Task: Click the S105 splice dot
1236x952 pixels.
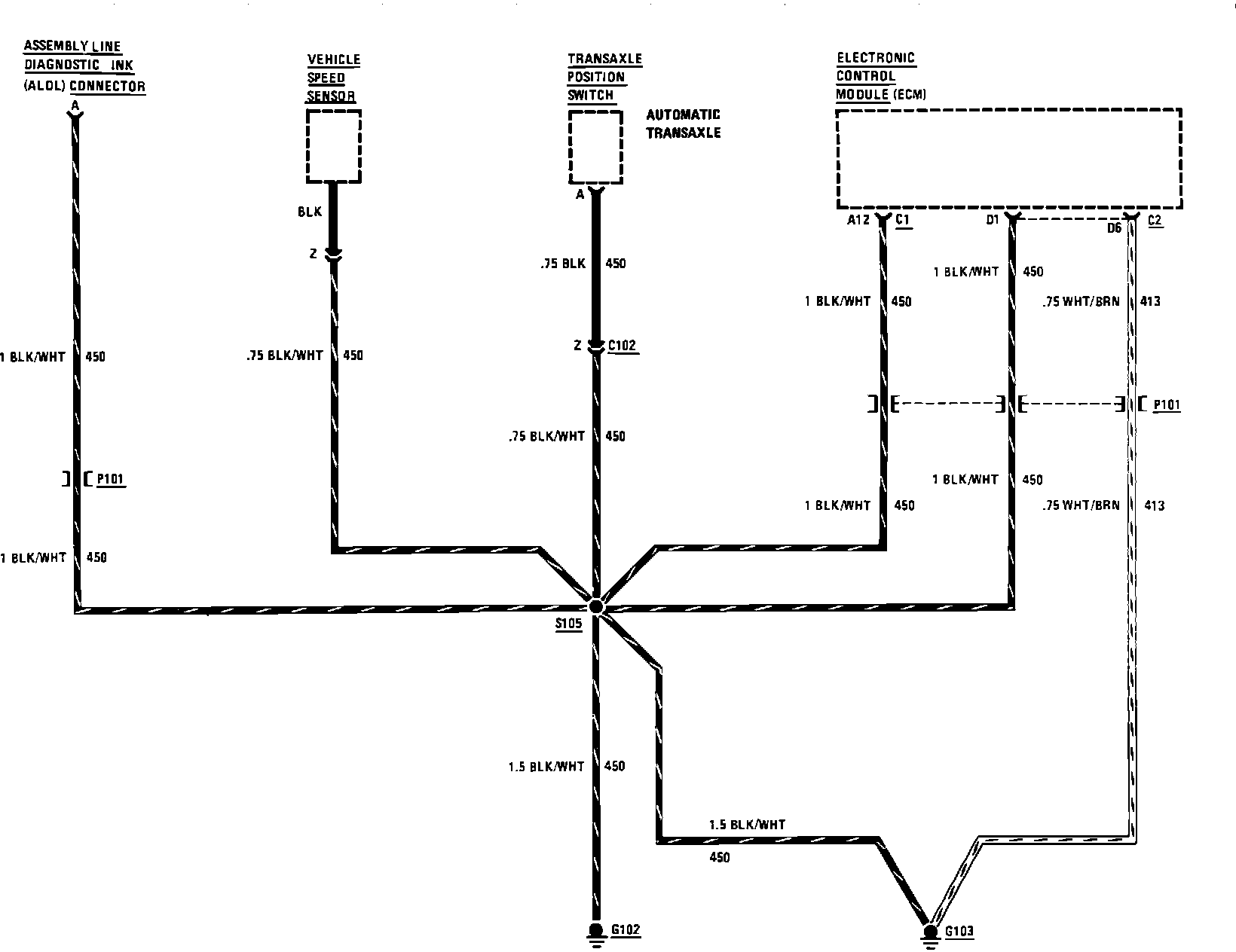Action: point(596,606)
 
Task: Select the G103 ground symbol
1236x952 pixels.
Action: point(930,933)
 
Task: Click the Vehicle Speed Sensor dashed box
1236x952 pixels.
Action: point(334,146)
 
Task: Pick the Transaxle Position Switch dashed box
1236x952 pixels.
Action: point(595,147)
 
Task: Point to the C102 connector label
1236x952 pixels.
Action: point(622,346)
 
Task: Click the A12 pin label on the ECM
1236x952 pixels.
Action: point(858,220)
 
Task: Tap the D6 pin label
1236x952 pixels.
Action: point(1114,227)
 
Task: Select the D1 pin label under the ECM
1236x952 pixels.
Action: point(992,220)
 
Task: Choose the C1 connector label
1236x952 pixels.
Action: point(903,220)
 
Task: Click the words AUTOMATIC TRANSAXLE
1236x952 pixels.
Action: point(683,124)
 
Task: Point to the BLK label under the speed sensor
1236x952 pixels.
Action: point(310,212)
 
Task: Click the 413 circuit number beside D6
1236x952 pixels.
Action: point(1150,301)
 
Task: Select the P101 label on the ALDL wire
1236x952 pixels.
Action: point(111,479)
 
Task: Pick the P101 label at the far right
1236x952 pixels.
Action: point(1167,405)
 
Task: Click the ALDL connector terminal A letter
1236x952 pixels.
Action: point(75,104)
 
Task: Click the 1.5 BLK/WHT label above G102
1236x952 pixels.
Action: point(546,767)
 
